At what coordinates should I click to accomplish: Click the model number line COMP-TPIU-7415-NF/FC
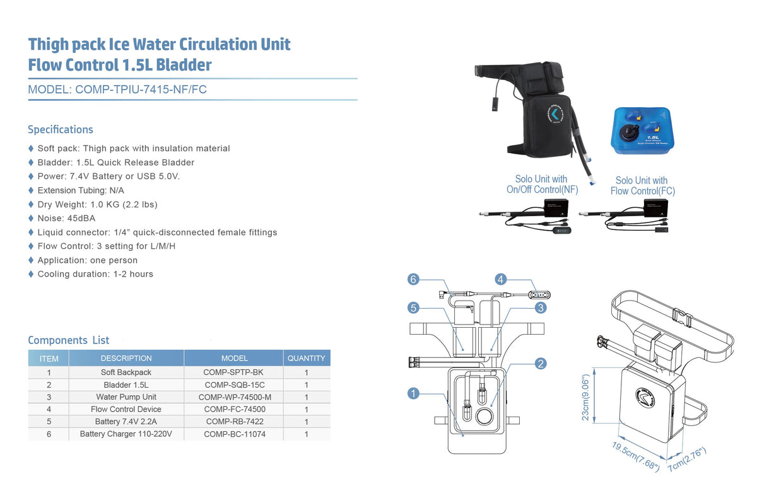(117, 89)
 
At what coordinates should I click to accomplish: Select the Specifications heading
(61, 130)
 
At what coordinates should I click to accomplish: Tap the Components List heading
(69, 340)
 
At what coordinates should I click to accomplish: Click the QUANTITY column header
(306, 359)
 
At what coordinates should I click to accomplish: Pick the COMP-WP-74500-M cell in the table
(234, 397)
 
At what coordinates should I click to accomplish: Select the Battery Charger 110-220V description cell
(126, 434)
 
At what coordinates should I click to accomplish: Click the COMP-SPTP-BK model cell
(233, 372)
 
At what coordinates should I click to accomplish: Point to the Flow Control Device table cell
(126, 410)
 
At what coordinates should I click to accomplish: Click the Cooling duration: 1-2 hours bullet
(95, 274)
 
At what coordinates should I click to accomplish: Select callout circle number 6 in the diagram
(413, 279)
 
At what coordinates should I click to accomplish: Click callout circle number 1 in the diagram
(413, 394)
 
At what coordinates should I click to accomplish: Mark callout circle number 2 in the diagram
(541, 364)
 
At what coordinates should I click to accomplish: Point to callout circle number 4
(501, 279)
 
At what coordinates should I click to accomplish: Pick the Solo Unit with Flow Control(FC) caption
(642, 186)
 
